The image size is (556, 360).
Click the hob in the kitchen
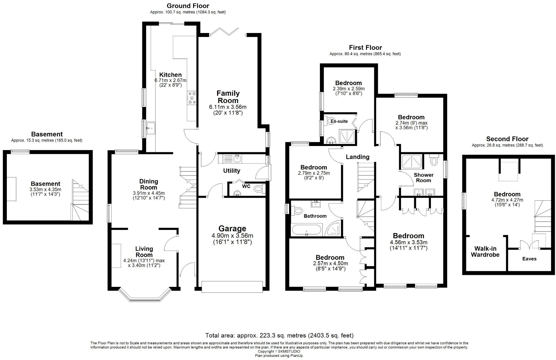tap(191, 98)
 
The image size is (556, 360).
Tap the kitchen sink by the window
tap(151, 128)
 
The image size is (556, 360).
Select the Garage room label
tap(232, 229)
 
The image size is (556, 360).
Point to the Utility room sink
tap(236, 159)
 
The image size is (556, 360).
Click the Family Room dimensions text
tap(228, 110)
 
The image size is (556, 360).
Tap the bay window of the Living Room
tap(145, 296)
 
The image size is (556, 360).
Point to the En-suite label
tap(339, 121)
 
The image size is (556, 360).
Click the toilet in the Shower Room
tap(434, 161)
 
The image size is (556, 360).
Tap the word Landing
tap(357, 157)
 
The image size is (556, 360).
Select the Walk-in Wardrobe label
tap(485, 252)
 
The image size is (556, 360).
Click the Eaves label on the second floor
tap(529, 259)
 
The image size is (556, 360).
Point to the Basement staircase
tap(80, 201)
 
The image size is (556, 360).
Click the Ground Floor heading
tap(188, 6)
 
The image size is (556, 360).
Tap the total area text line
tap(279, 335)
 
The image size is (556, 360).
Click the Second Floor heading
tap(507, 139)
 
